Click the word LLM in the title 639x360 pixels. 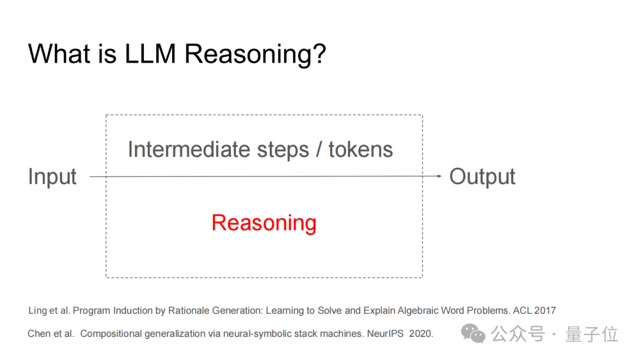pyautogui.click(x=150, y=54)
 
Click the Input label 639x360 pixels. pyautogui.click(x=52, y=177)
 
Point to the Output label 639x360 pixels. pyautogui.click(x=482, y=176)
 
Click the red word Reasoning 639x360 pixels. pyautogui.click(x=264, y=223)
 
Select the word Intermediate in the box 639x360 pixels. pyautogui.click(x=188, y=149)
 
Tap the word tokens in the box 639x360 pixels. pyautogui.click(x=361, y=149)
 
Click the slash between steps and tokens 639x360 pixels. pyautogui.click(x=319, y=150)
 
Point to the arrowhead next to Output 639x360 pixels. pyautogui.click(x=439, y=176)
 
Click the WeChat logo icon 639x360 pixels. pyautogui.click(x=473, y=334)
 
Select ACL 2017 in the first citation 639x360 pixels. pyautogui.click(x=534, y=311)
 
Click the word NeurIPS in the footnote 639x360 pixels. pyautogui.click(x=385, y=334)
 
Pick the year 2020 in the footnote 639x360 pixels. pyautogui.click(x=421, y=334)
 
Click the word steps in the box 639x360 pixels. pyautogui.click(x=283, y=150)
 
